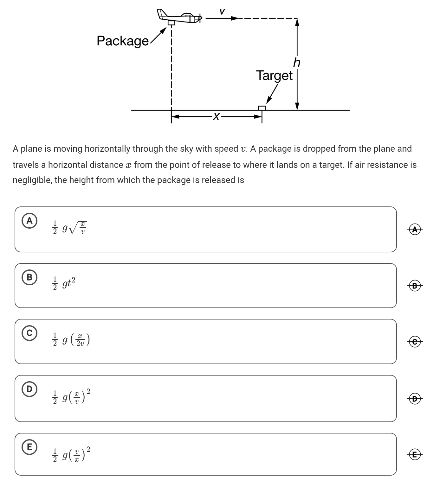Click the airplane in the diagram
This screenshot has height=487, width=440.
click(x=179, y=16)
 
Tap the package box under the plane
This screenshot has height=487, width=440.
click(x=171, y=23)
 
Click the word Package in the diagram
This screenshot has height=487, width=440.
click(x=122, y=41)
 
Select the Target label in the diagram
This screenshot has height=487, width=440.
click(x=274, y=75)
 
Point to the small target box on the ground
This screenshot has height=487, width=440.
click(x=262, y=108)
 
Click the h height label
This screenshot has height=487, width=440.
click(x=297, y=63)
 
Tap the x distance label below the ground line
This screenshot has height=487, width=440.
click(x=216, y=117)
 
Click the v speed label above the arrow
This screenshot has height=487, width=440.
click(x=222, y=11)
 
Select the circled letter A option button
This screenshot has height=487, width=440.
click(x=29, y=221)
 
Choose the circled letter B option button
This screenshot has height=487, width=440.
click(x=29, y=277)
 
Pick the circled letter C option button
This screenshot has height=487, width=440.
click(x=29, y=333)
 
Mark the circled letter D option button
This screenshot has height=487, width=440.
click(x=29, y=389)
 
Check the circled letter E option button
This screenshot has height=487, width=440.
click(x=29, y=447)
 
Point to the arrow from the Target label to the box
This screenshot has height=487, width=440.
click(x=272, y=94)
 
